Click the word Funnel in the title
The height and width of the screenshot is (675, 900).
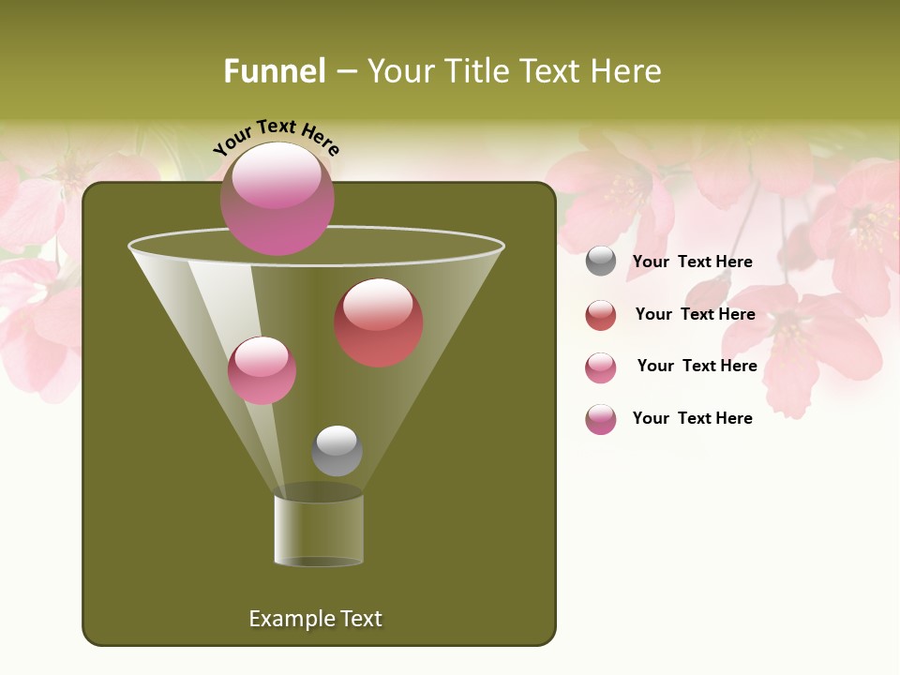coord(275,71)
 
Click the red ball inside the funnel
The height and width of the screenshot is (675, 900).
coord(379,323)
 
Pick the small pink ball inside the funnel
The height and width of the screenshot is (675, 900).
coord(262,370)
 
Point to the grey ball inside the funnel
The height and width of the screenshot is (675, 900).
coord(337,451)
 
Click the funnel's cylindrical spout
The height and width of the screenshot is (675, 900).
coord(319,530)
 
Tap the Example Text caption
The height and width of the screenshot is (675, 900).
coord(315,619)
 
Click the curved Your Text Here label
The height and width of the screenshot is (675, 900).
coord(277,137)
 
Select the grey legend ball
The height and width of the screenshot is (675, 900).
coord(601,262)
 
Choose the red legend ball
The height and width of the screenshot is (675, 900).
coord(601,315)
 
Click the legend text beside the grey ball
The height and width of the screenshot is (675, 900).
coord(692,262)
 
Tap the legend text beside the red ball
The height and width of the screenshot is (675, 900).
coord(695,315)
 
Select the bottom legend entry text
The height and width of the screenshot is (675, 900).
coord(692,418)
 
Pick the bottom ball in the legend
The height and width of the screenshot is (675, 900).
coord(601,419)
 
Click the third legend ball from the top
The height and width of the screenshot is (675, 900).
coord(601,367)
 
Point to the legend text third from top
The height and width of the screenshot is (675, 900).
coord(697,367)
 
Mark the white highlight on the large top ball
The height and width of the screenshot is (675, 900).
coord(276,177)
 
